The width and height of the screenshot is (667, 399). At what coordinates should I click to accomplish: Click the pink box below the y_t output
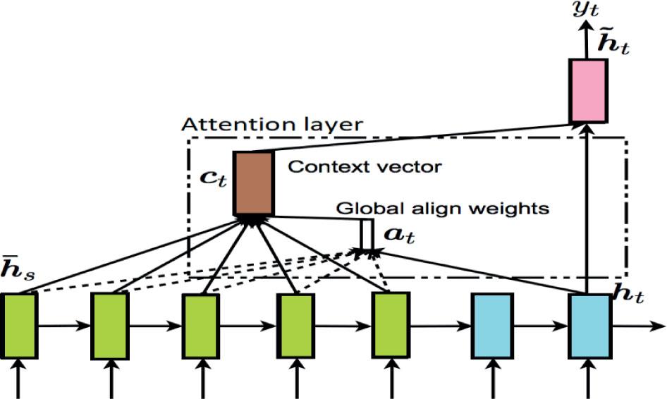588,91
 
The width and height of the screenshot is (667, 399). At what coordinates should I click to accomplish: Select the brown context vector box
253,183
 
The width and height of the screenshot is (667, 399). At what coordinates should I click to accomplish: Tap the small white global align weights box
367,234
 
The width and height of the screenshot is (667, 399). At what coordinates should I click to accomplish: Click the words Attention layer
272,125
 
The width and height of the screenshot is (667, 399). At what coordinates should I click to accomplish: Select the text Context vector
365,167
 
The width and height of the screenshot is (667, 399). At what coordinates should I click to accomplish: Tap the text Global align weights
442,209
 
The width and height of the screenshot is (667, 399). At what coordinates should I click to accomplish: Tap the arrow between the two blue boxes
539,327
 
